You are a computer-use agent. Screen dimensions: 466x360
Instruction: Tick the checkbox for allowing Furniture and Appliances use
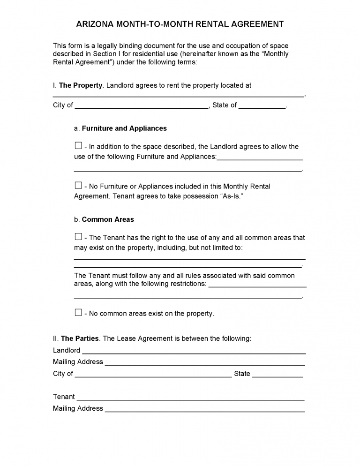pos(78,146)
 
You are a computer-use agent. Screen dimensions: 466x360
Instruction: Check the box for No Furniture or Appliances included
pos(78,185)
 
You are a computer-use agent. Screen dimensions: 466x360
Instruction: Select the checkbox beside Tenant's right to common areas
pos(78,237)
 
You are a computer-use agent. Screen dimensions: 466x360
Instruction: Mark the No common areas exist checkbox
pos(78,312)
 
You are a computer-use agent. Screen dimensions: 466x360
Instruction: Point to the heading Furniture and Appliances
pos(124,128)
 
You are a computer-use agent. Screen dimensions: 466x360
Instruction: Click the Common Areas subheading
pos(108,219)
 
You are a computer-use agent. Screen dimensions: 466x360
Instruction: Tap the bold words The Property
pos(81,85)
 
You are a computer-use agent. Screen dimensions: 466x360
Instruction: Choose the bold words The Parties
pos(80,338)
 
